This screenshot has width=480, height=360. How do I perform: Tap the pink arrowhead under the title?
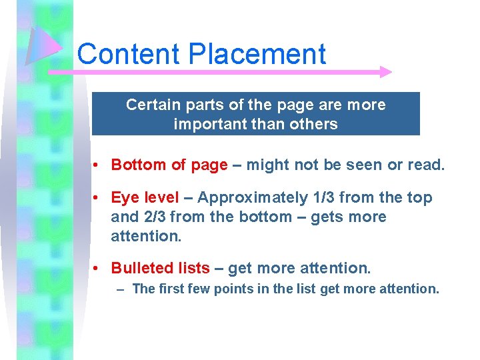tap(385, 71)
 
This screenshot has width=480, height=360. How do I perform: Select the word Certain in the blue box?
tap(151, 105)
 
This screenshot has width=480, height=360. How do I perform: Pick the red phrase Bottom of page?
tap(169, 165)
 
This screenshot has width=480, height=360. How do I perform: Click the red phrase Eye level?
tap(145, 198)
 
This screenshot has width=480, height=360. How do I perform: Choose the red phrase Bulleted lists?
tap(160, 268)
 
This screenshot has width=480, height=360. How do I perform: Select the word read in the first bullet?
tap(427, 165)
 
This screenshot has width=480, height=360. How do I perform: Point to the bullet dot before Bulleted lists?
tap(97, 268)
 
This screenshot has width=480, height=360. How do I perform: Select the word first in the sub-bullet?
tap(170, 289)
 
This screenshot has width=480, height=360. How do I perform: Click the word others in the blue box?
tap(315, 124)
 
